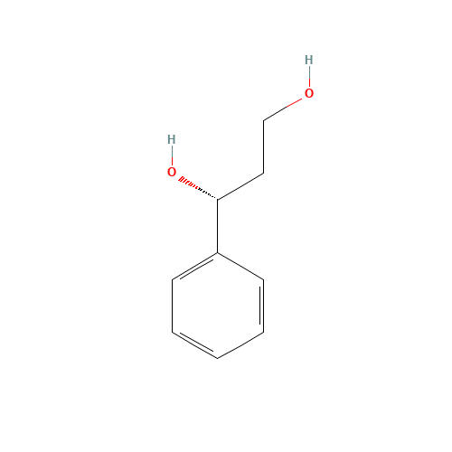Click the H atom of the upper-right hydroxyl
308,61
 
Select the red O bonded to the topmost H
308,93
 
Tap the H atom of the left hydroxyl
171,139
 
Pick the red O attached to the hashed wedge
172,172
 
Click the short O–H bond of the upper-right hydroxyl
308,77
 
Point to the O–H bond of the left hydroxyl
171,155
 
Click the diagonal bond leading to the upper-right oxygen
282,109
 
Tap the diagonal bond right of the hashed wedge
240,187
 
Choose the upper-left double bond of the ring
194,267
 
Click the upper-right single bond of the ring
240,267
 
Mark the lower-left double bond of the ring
194,345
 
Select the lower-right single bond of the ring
240,345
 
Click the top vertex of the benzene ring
218,253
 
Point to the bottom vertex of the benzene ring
218,359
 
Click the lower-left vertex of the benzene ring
172,332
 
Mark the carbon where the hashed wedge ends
217,201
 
